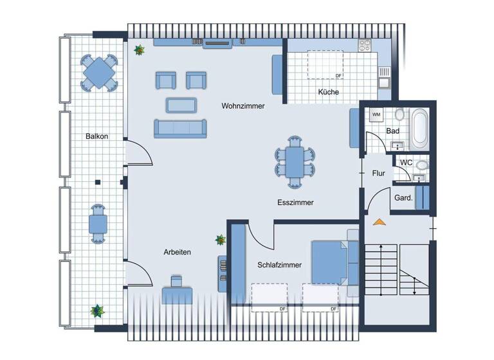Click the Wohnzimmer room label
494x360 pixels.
coord(243,106)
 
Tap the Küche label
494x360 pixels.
coord(328,93)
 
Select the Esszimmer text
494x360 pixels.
coord(295,203)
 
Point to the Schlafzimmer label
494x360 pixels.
coord(280,264)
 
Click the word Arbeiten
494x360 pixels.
coord(177,253)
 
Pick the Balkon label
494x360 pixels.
coord(96,136)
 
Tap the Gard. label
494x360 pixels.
coord(403,198)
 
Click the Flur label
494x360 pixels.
coord(379,174)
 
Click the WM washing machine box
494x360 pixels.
coord(377,115)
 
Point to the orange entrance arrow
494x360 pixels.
coord(379,222)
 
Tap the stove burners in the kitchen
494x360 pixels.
coord(365,46)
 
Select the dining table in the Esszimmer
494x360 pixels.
coord(295,163)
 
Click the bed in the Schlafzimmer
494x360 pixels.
coord(333,262)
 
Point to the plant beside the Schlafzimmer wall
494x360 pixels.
coord(221,240)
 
